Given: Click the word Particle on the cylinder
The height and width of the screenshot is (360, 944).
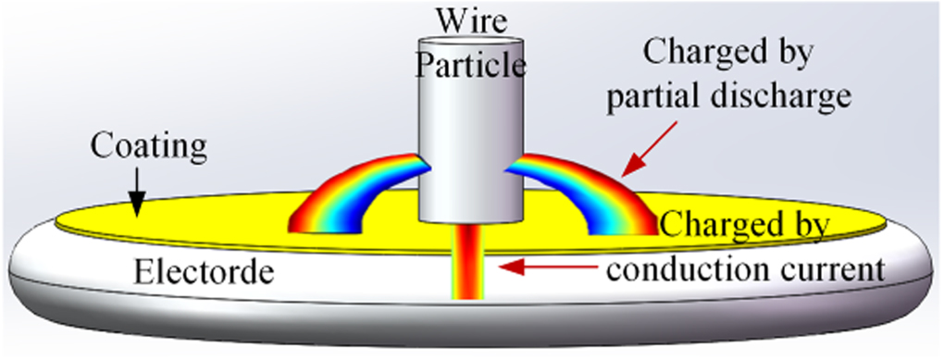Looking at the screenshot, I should click(x=470, y=66).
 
